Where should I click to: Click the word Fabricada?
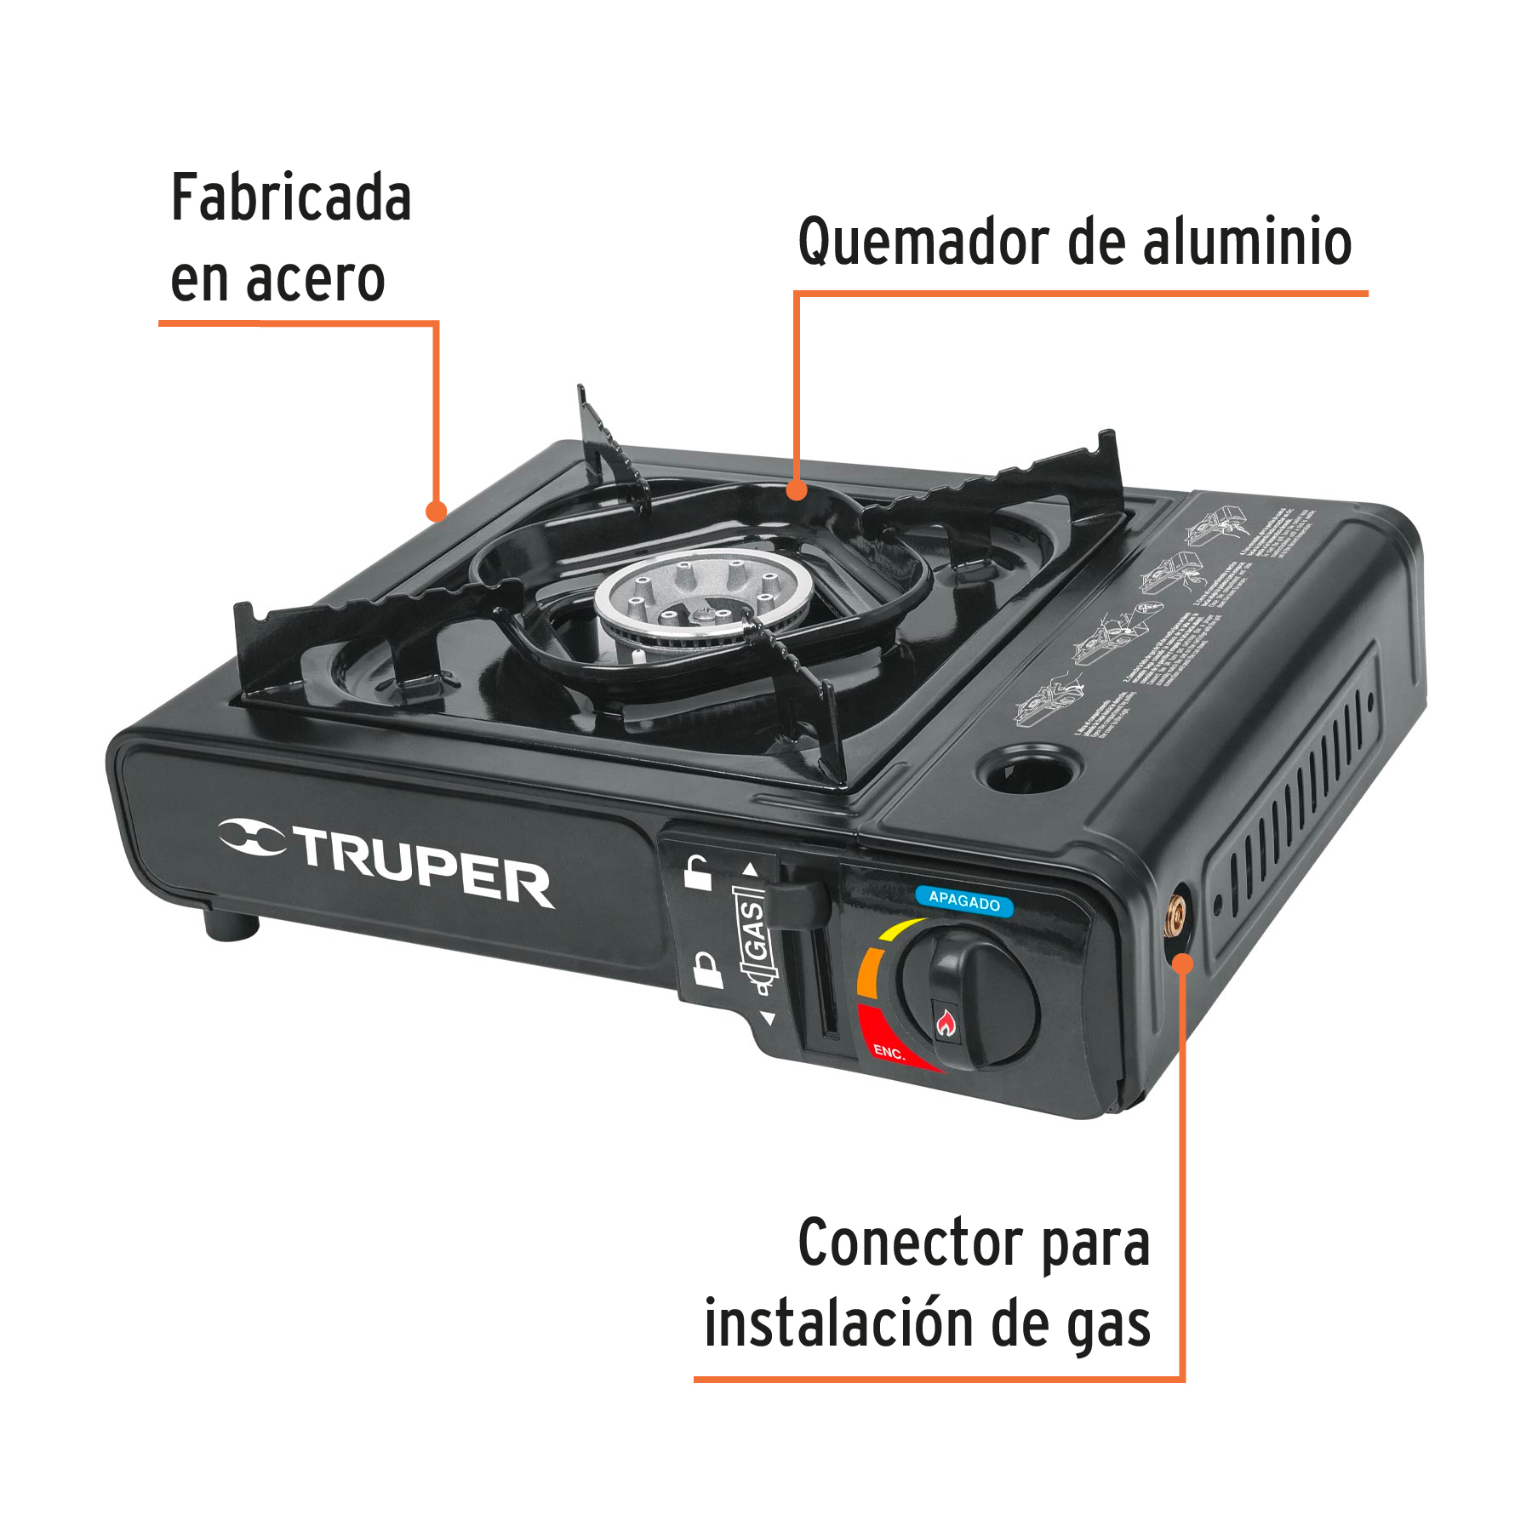[291, 198]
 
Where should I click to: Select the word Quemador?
[923, 243]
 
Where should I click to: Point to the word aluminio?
[1246, 242]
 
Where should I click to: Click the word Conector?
[911, 1243]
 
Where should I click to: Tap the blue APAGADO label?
[963, 900]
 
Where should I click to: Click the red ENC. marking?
[888, 1052]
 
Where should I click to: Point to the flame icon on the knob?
[945, 1021]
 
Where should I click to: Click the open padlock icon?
[698, 872]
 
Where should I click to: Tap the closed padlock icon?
[706, 969]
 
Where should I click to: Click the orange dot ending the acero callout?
[437, 511]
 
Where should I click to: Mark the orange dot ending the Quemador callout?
[797, 490]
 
